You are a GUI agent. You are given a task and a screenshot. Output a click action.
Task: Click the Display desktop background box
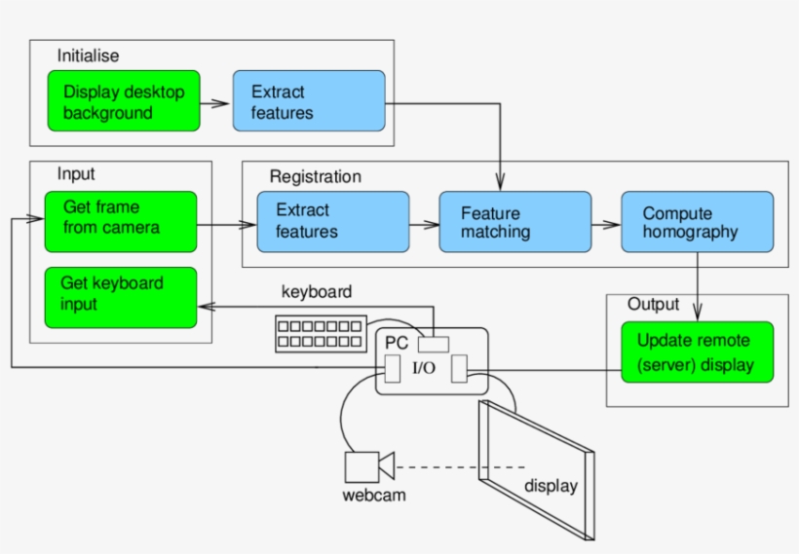tap(124, 101)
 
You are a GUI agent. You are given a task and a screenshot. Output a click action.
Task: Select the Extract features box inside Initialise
tap(308, 101)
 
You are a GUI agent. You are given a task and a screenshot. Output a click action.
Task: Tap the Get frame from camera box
tap(121, 222)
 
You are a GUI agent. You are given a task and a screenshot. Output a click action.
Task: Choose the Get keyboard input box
tap(121, 297)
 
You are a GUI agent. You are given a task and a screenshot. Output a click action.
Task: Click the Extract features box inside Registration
tap(332, 222)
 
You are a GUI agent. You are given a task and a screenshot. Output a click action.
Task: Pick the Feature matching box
tap(514, 223)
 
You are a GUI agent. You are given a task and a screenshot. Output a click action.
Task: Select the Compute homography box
tap(698, 223)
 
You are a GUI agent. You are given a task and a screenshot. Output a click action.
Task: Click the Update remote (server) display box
tap(698, 353)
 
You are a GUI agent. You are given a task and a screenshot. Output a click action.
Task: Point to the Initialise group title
tap(88, 55)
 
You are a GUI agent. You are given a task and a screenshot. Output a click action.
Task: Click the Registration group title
tap(315, 177)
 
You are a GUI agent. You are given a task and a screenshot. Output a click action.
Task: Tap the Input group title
tap(76, 174)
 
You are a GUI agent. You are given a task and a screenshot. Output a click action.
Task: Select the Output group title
tap(653, 305)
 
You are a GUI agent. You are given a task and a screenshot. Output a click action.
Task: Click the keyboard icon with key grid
tap(321, 333)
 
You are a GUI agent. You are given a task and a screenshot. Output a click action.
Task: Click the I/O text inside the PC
tap(424, 368)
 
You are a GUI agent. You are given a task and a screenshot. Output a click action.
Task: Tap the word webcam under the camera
tap(374, 496)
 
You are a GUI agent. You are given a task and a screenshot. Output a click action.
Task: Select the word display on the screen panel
tap(551, 486)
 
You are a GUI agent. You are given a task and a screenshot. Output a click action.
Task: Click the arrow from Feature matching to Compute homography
tap(606, 223)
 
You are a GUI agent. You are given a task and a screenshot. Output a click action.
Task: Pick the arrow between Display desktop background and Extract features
tap(215, 101)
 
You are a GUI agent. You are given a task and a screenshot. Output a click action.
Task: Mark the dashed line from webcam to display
tap(458, 467)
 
